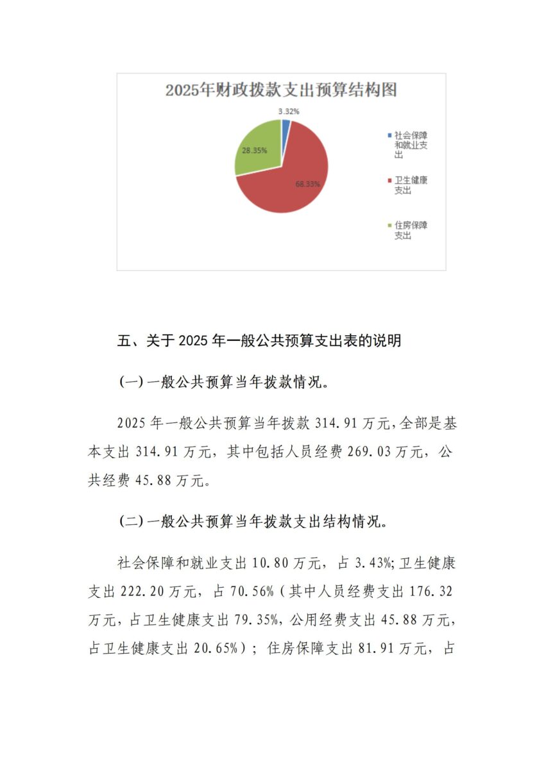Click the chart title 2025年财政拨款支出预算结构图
tap(281, 90)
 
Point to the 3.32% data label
tap(289, 111)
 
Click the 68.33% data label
tap(308, 184)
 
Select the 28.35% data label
tap(254, 150)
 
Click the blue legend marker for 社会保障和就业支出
tap(389, 135)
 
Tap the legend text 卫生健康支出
tap(411, 185)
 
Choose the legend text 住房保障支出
tap(411, 230)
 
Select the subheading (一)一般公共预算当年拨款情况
tap(225, 383)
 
